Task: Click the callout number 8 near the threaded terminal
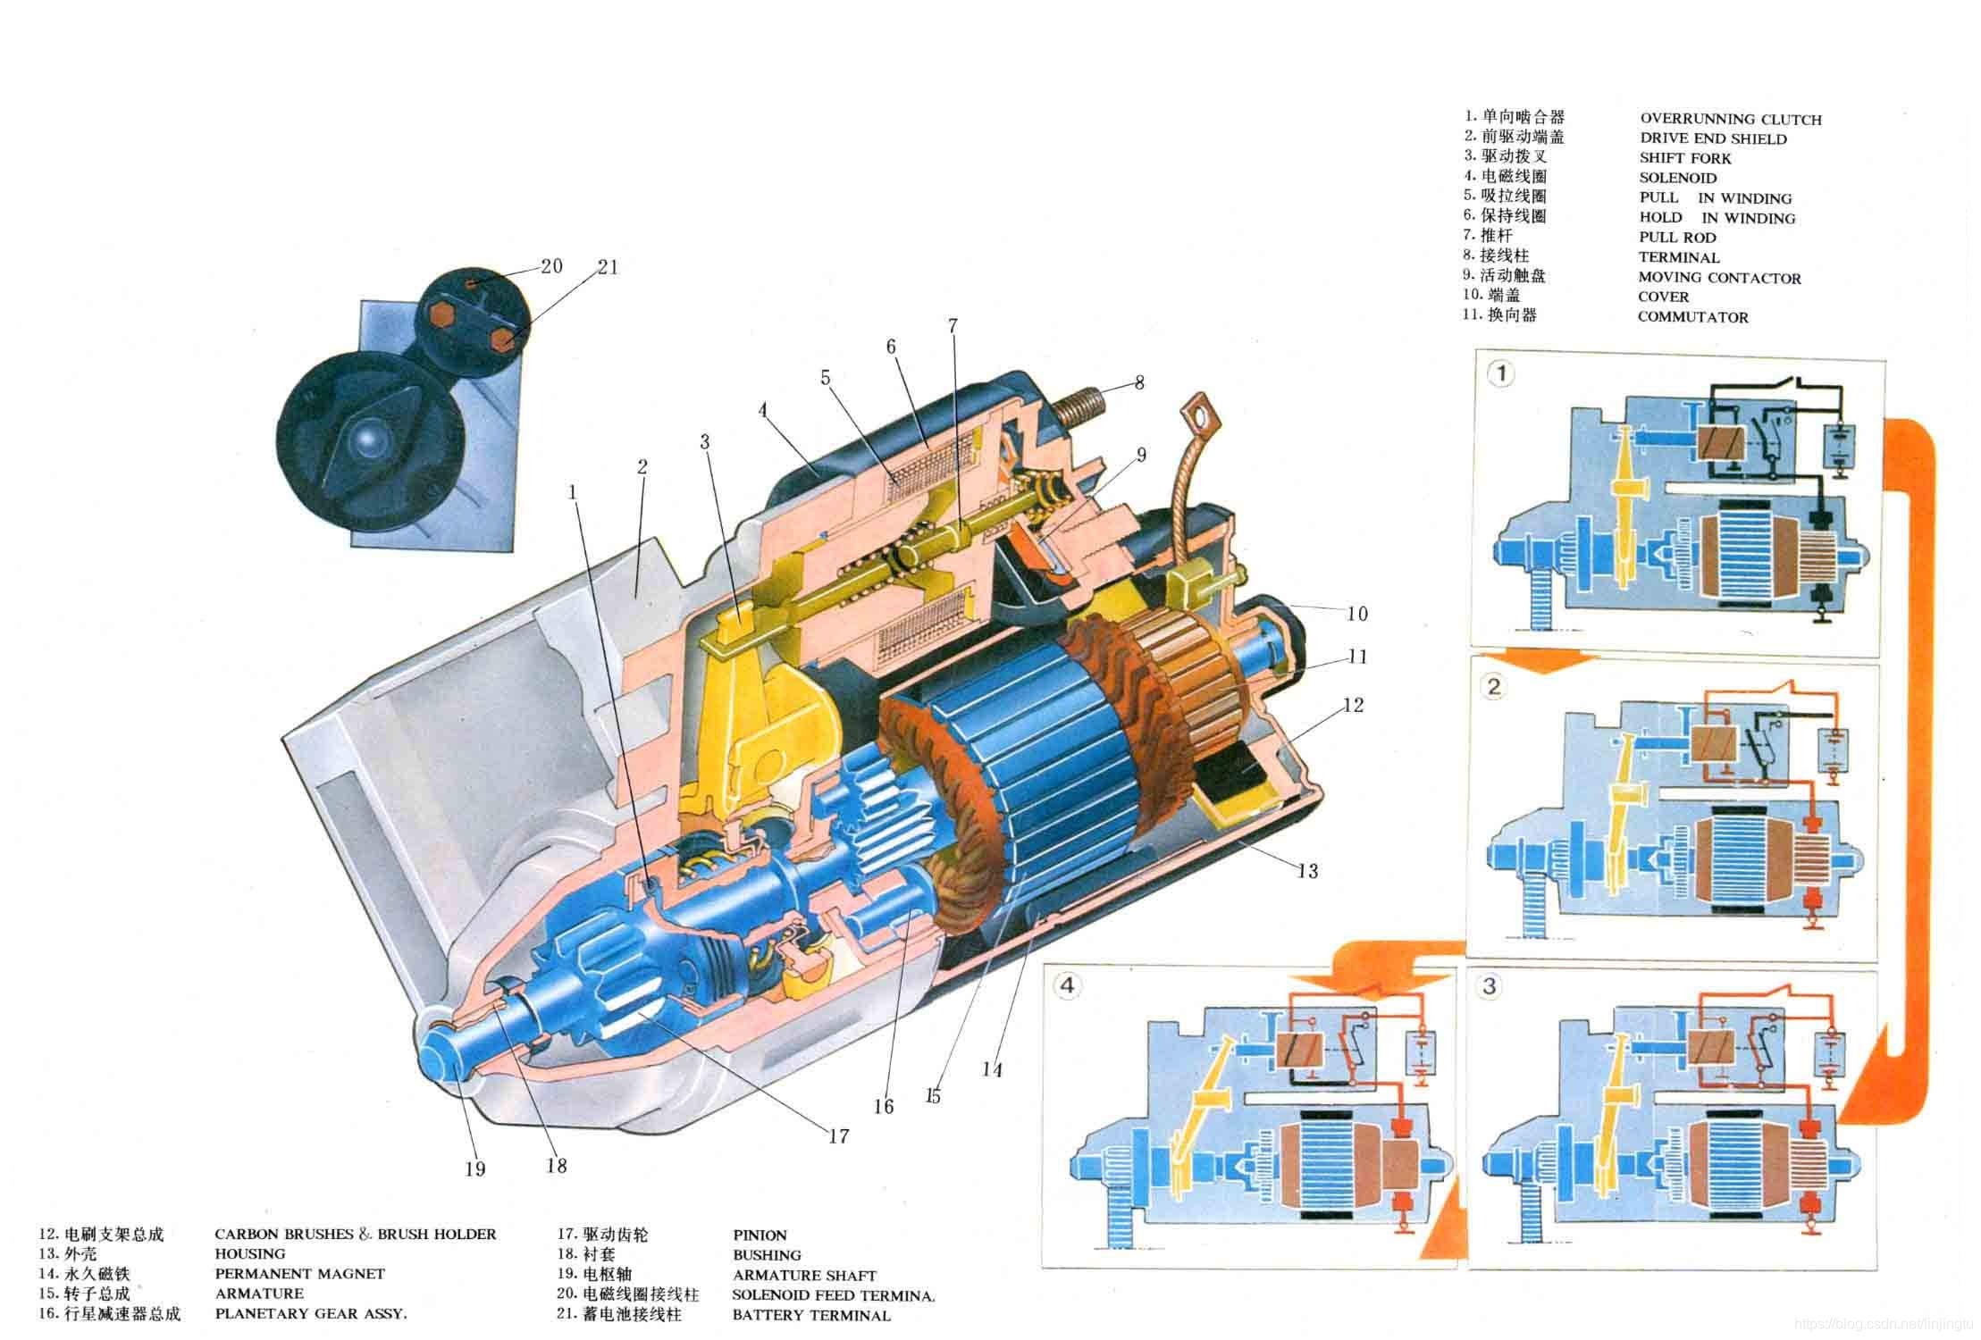click(x=1139, y=382)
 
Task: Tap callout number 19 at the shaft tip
click(x=474, y=1168)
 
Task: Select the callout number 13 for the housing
click(x=1307, y=870)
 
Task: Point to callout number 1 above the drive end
click(x=573, y=491)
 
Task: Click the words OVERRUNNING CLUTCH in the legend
click(x=1730, y=120)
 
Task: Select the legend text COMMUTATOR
click(x=1692, y=317)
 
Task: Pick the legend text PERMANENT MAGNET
click(x=299, y=1274)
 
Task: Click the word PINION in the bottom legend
click(x=760, y=1235)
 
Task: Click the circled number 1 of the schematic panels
click(x=1502, y=373)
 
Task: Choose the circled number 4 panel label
click(x=1068, y=986)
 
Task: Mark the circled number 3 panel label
click(x=1490, y=986)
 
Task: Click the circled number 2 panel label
click(x=1494, y=686)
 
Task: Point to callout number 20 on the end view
click(x=551, y=265)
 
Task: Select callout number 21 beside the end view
click(x=608, y=266)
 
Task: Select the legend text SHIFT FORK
click(x=1684, y=158)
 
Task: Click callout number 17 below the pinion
click(x=838, y=1136)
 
